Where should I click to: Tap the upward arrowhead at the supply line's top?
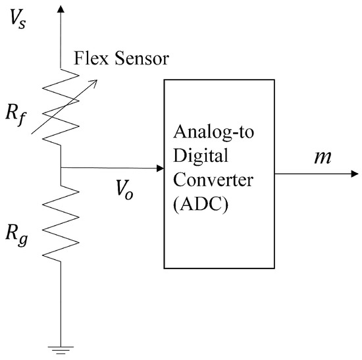[61, 8]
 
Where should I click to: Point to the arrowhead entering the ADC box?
[160, 169]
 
